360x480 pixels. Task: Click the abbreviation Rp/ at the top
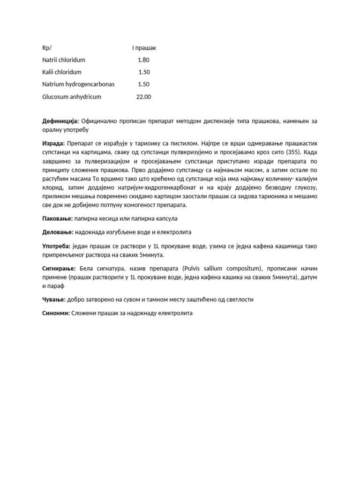[x=47, y=48]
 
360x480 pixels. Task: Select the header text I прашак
[x=144, y=48]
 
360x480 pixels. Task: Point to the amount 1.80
[x=143, y=60]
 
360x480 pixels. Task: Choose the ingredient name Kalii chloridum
[x=61, y=72]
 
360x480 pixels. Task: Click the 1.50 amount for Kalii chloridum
[x=144, y=72]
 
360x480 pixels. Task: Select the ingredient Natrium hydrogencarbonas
[x=78, y=84]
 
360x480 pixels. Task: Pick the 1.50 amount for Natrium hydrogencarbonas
[x=143, y=84]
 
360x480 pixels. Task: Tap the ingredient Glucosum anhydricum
[x=71, y=97]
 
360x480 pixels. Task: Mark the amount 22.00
[x=143, y=97]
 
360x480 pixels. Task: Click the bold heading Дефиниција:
[x=60, y=121]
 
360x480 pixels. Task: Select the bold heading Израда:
[x=53, y=143]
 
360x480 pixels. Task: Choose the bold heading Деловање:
[x=58, y=232]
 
